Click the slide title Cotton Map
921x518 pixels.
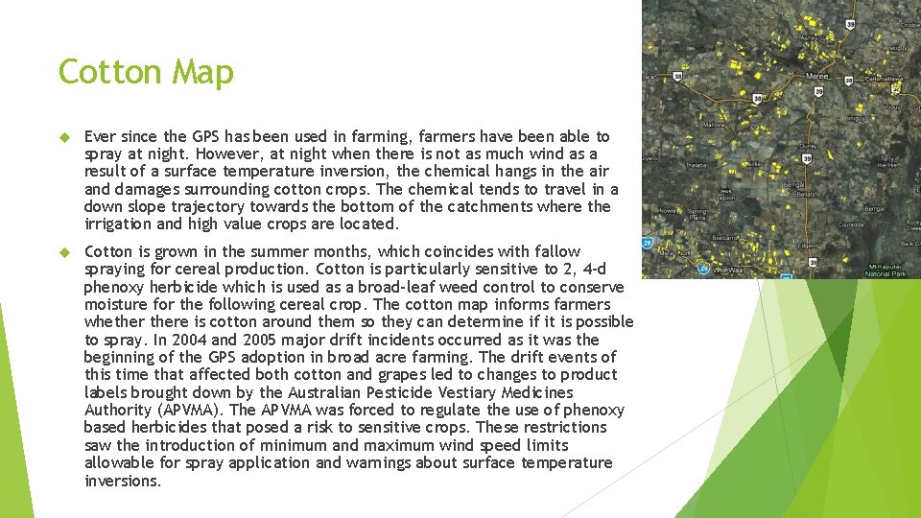tap(146, 72)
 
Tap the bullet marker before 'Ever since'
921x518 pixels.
tap(67, 137)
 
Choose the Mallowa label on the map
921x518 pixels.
tap(714, 124)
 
